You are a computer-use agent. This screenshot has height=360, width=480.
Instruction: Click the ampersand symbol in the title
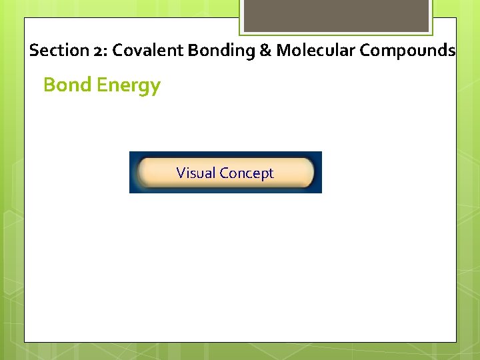265,51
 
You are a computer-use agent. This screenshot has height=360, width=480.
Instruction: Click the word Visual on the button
196,173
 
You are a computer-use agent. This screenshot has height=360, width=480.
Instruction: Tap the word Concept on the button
247,173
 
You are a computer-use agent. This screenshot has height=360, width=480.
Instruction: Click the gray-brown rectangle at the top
336,15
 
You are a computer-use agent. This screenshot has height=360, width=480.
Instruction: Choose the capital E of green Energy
102,85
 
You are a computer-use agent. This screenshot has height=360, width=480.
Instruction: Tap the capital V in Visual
181,173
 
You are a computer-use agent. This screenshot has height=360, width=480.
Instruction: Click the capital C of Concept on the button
225,173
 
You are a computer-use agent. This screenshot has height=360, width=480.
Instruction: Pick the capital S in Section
34,51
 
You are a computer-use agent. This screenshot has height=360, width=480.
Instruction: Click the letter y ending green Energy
155,88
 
